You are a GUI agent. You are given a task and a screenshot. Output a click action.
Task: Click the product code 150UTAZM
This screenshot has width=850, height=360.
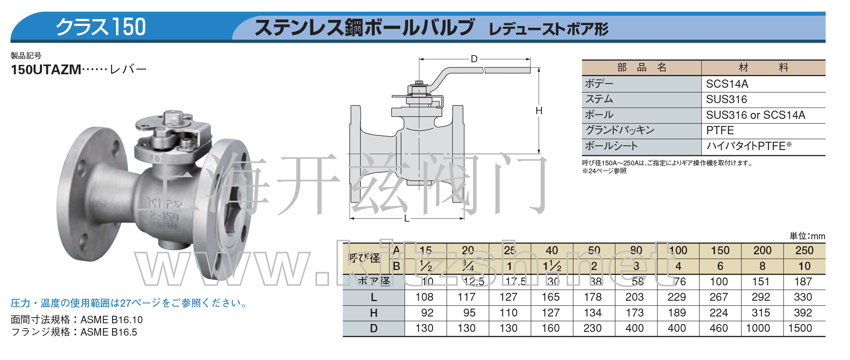46,70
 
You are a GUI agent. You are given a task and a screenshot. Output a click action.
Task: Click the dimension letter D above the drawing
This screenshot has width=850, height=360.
474,59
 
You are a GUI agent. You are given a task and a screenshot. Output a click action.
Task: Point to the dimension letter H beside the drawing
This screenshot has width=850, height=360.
539,111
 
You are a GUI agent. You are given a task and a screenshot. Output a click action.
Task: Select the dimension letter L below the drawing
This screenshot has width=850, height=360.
407,219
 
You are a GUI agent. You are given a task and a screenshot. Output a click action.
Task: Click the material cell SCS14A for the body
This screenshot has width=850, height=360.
727,84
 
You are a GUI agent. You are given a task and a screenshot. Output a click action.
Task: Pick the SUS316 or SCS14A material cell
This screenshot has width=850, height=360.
755,115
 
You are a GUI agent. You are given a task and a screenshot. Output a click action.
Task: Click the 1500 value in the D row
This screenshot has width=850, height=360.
800,328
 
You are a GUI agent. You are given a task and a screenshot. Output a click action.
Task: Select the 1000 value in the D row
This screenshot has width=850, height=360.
758,328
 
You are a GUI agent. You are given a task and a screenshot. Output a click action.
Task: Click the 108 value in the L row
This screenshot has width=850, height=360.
424,297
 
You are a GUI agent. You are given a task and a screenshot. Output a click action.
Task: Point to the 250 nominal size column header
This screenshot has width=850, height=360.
804,250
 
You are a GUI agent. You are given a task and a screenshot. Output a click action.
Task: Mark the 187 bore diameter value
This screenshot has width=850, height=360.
803,282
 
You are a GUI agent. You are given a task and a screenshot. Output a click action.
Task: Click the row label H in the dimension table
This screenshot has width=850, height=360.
374,313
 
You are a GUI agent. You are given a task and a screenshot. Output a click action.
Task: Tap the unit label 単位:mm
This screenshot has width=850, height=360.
807,236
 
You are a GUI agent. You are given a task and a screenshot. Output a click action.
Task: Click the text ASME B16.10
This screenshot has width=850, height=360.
111,320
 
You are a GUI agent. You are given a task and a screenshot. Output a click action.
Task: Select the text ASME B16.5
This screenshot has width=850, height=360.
109,332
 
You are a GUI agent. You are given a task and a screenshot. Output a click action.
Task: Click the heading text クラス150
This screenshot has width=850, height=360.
100,27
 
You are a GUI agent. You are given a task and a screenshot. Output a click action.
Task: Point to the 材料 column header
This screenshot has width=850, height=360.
763,67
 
